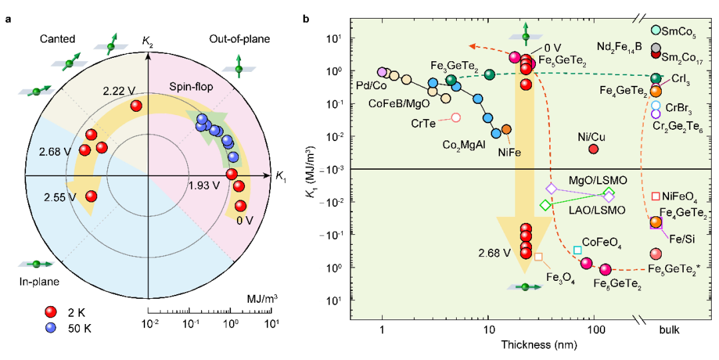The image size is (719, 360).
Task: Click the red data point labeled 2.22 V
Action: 136,106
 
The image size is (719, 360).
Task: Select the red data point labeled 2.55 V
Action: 91,196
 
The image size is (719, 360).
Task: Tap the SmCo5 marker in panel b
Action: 656,30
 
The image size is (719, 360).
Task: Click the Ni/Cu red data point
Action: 594,148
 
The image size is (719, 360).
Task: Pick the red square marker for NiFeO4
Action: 656,196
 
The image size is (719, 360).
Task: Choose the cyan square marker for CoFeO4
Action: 578,250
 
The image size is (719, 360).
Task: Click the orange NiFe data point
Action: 506,129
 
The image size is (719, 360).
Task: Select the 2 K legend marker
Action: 51,312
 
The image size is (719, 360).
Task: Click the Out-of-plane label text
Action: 240,39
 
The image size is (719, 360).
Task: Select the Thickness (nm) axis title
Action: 539,344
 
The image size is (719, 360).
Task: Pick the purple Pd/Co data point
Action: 382,72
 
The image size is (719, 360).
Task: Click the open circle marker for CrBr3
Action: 656,106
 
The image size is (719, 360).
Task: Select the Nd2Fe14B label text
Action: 619,47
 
